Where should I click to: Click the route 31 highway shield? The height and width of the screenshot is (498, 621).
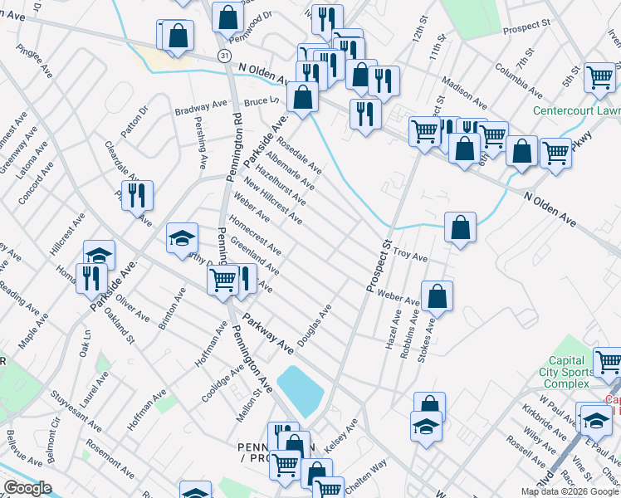pos(224,54)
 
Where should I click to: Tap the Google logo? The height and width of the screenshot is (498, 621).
pos(27,488)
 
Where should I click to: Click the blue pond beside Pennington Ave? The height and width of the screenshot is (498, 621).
pos(298,390)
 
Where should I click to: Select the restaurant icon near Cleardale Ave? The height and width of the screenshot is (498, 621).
pos(139,196)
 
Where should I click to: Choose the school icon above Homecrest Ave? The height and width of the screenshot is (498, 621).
pos(182,238)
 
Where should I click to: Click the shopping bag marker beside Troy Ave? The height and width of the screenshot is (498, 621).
pos(460,227)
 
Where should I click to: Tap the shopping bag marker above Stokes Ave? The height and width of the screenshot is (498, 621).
pos(437,295)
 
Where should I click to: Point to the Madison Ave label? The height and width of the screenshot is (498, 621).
pos(464,93)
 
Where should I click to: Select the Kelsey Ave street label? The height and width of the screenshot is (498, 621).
pos(340,435)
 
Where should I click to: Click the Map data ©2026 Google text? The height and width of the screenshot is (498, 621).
pos(570,491)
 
